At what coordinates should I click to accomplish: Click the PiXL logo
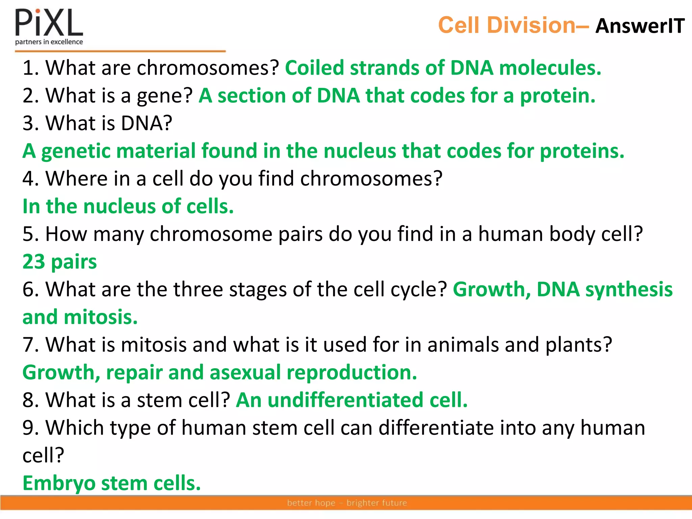(x=49, y=23)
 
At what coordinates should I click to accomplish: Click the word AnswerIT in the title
(x=640, y=26)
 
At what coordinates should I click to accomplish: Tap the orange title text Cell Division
(x=506, y=25)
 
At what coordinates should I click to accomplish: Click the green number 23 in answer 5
(x=33, y=262)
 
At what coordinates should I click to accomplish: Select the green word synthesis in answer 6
(x=629, y=290)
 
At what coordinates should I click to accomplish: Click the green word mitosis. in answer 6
(x=100, y=318)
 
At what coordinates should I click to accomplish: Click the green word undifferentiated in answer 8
(x=345, y=400)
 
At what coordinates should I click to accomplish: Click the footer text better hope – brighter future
(x=347, y=503)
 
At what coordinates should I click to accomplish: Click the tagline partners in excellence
(x=49, y=42)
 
